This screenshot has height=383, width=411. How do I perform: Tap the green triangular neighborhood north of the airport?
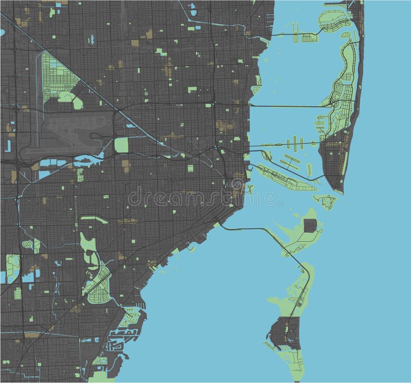57,77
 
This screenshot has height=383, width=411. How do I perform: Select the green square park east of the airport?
121,145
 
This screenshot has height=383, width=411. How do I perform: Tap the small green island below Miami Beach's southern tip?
325,201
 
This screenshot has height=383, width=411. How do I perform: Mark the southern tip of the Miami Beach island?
337,190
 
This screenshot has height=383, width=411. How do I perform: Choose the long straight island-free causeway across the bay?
288,106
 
